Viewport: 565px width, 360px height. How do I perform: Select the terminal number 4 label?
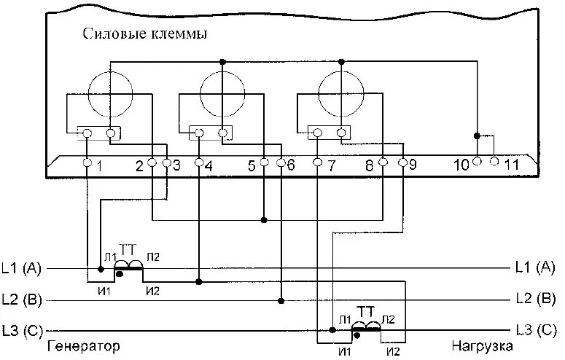tap(209, 165)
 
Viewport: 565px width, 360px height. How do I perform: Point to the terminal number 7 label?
tap(331, 165)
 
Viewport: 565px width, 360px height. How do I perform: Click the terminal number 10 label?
tap(461, 165)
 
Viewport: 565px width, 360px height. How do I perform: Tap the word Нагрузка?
tap(482, 345)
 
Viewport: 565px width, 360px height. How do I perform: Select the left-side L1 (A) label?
tap(22, 268)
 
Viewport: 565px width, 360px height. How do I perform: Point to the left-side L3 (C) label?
tap(22, 329)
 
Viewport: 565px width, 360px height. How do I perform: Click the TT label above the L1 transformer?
tap(132, 248)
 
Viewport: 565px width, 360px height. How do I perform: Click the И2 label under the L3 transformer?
tap(393, 351)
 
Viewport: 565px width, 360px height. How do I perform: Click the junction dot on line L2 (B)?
tap(281, 299)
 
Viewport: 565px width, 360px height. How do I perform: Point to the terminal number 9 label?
tap(413, 165)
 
